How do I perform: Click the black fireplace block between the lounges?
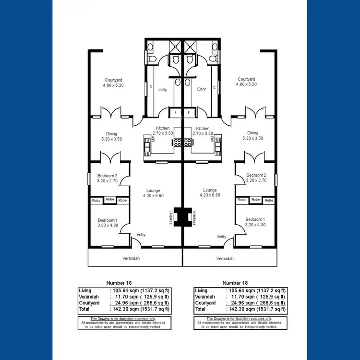pyautogui.click(x=182, y=217)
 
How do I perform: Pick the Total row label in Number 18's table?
pyautogui.click(x=201, y=309)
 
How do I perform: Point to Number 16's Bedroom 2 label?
pyautogui.click(x=107, y=175)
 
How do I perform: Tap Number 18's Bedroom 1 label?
pyautogui.click(x=254, y=219)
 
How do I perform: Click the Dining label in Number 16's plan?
pyautogui.click(x=111, y=133)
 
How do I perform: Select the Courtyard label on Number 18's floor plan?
pyautogui.click(x=246, y=79)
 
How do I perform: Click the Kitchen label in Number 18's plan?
pyautogui.click(x=203, y=129)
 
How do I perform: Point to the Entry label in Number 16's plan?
pyautogui.click(x=141, y=235)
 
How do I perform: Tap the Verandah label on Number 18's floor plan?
pyautogui.click(x=225, y=258)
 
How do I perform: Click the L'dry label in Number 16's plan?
pyautogui.click(x=162, y=89)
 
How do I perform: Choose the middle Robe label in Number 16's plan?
pyautogui.click(x=110, y=199)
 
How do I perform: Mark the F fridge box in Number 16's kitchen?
pyautogui.click(x=176, y=112)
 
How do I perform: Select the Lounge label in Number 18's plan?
pyautogui.click(x=210, y=190)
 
